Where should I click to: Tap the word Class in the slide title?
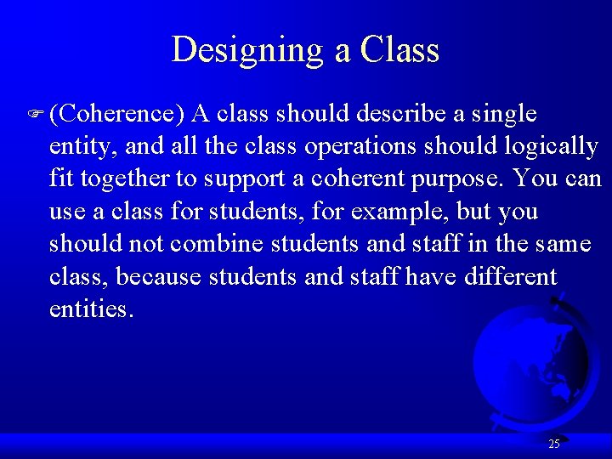(399, 50)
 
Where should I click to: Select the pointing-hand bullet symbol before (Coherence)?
(37, 114)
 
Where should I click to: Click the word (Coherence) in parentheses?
(117, 114)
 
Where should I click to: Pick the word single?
(506, 114)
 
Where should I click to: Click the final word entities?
(92, 309)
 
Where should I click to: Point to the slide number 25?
(554, 444)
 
